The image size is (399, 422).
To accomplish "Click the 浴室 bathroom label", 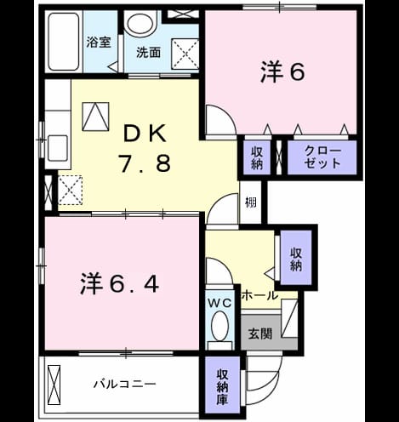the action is [x=99, y=43].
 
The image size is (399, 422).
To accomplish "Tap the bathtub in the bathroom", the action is [x=63, y=42].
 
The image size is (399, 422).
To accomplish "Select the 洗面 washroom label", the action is [x=148, y=53].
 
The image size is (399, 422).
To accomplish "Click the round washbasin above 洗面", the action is [x=141, y=23].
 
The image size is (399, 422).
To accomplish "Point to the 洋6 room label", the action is [x=282, y=71].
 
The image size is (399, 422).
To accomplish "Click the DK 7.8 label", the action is [x=145, y=149].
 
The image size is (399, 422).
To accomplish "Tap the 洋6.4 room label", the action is [x=119, y=283].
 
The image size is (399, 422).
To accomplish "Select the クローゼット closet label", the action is [x=322, y=157].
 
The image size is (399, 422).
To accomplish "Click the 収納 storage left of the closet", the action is [x=257, y=158].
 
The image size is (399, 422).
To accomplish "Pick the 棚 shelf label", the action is [x=251, y=202].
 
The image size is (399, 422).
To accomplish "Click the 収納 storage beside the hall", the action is [x=296, y=259].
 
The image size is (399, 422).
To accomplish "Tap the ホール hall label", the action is [x=259, y=295].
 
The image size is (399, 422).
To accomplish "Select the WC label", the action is [x=220, y=304].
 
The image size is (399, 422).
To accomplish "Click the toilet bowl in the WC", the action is [x=220, y=326].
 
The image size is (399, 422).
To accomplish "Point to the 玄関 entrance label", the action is [x=260, y=334].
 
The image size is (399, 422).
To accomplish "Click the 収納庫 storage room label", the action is [x=222, y=387].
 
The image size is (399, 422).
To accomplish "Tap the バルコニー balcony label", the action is [x=125, y=384].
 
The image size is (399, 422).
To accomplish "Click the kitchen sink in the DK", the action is [x=58, y=148].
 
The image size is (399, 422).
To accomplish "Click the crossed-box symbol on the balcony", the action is [x=54, y=383].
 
